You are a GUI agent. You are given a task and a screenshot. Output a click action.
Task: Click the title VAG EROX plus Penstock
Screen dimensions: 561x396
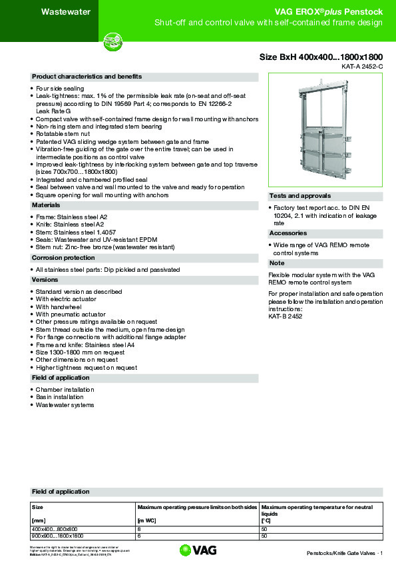tap(328, 11)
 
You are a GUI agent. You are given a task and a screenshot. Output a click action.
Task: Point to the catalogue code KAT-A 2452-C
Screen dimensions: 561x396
tap(362, 67)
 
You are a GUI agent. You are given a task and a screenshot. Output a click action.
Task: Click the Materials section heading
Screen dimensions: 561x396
tap(47, 205)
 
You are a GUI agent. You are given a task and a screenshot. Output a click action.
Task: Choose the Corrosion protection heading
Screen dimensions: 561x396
tap(63, 257)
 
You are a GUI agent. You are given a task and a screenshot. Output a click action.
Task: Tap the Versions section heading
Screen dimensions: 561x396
tap(45, 280)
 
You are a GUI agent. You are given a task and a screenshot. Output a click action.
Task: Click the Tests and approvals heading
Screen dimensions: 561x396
tap(299, 196)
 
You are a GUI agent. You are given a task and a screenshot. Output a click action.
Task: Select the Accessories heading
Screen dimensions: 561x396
tap(288, 233)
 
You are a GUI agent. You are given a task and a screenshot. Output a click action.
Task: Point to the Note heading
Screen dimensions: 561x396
tap(276, 263)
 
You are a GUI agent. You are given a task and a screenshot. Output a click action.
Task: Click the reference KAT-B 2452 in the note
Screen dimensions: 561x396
tap(285, 316)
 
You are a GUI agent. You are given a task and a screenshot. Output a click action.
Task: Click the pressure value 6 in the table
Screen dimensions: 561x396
tap(138, 536)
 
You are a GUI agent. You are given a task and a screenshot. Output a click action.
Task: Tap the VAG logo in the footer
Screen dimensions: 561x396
tap(198, 550)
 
